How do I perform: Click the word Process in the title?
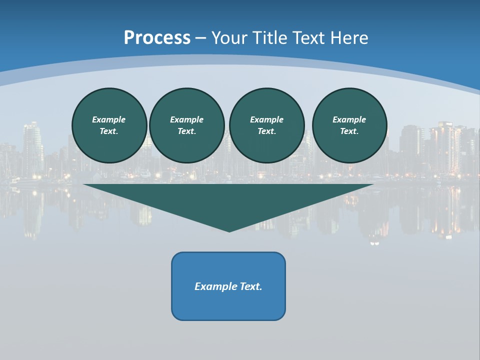tap(157, 38)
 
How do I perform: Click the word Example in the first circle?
tap(109, 119)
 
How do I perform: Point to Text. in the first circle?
tap(109, 131)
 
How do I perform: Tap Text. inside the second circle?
tap(187, 131)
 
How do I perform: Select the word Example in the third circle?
tap(267, 119)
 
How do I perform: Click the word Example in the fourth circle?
tap(349, 119)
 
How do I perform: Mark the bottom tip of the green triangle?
tap(229, 231)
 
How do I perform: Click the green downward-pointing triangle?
tap(228, 200)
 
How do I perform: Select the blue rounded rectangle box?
tap(228, 305)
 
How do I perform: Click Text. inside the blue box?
tap(251, 286)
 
